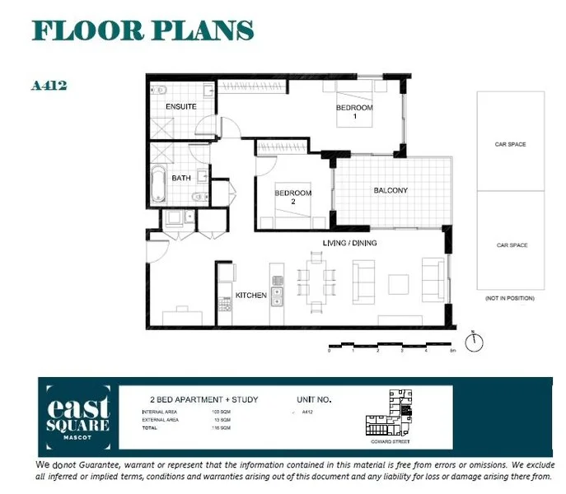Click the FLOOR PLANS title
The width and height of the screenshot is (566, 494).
click(143, 30)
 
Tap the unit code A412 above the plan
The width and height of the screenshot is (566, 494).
click(48, 86)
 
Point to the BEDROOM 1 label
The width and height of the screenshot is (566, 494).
click(354, 112)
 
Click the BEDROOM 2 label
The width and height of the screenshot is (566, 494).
click(292, 198)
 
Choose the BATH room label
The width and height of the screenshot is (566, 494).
click(181, 178)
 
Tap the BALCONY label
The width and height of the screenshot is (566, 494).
click(391, 191)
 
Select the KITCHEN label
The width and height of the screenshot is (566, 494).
click(250, 295)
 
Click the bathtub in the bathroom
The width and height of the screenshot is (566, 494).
click(159, 185)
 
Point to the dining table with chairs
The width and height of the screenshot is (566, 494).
click(317, 280)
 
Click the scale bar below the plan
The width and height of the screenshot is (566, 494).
click(391, 344)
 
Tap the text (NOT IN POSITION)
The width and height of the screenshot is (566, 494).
click(510, 297)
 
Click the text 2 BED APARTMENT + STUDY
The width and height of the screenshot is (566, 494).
click(199, 400)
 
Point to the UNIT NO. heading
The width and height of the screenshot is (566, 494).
click(313, 400)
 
